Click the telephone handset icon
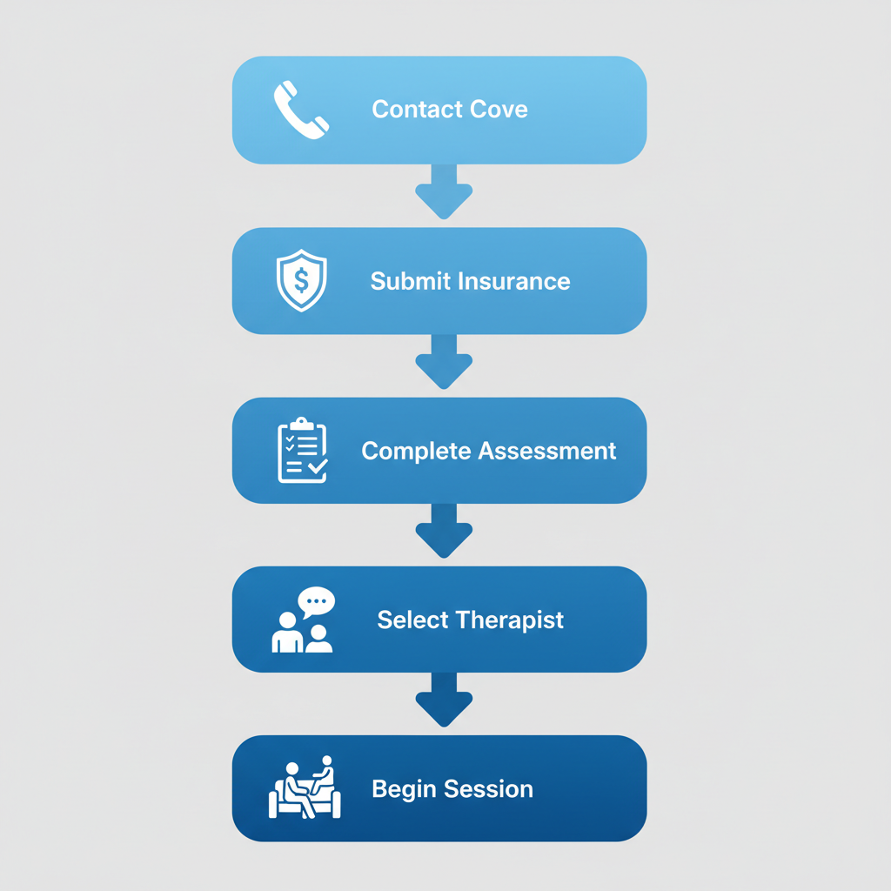tap(301, 110)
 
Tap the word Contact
tap(412, 110)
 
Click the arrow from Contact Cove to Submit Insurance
tap(444, 191)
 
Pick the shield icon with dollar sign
tap(301, 280)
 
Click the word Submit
tap(405, 281)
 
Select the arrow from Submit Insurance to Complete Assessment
tap(444, 361)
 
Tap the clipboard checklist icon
tap(302, 451)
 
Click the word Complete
tap(412, 451)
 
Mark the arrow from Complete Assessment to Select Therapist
tap(444, 531)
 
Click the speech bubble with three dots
tap(316, 601)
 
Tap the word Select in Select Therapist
tap(412, 620)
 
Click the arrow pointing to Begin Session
tap(444, 700)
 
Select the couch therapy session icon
tap(304, 788)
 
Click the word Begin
tap(404, 789)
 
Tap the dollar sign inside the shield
tap(301, 280)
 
